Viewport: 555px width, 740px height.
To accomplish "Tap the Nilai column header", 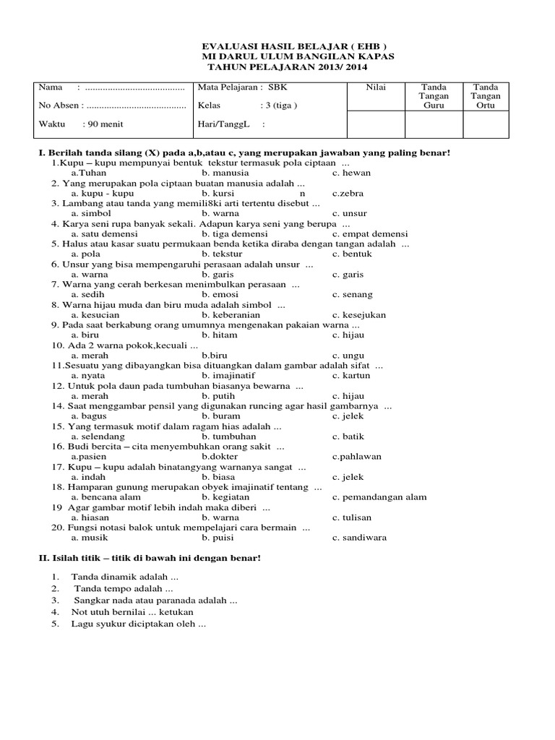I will coord(376,87).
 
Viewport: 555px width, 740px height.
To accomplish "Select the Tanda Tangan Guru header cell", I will coord(434,96).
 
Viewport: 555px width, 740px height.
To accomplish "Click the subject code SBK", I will coord(277,87).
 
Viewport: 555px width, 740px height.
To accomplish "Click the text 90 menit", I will coord(106,124).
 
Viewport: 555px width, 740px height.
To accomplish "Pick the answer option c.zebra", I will coord(348,194).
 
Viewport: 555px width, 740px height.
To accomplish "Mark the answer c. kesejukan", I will coord(359,315).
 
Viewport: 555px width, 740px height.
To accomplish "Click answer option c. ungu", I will coord(347,356).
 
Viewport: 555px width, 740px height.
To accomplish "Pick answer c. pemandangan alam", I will coord(379,497).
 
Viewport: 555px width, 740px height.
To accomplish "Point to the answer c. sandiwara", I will coord(359,538).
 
